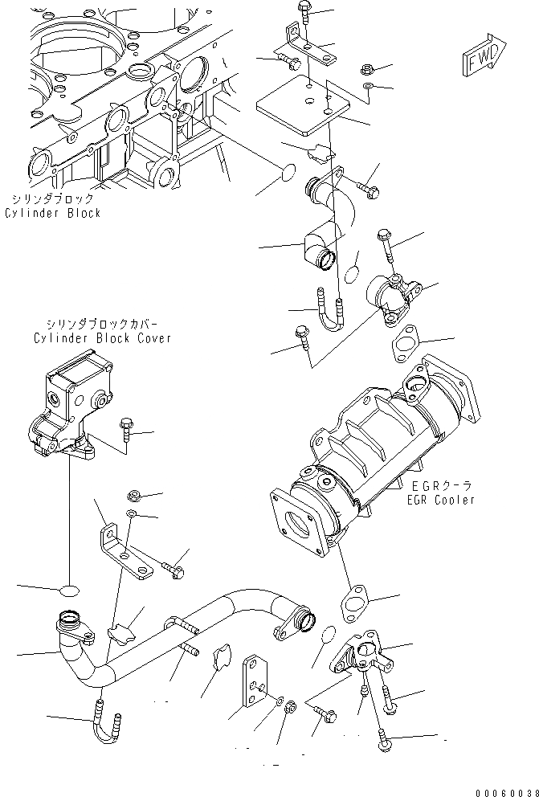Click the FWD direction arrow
click(484, 57)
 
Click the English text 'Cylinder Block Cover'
click(102, 338)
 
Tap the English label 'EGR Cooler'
click(440, 500)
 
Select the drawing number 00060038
click(504, 790)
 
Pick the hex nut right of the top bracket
click(365, 69)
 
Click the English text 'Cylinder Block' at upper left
click(52, 214)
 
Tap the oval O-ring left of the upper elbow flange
click(287, 175)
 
